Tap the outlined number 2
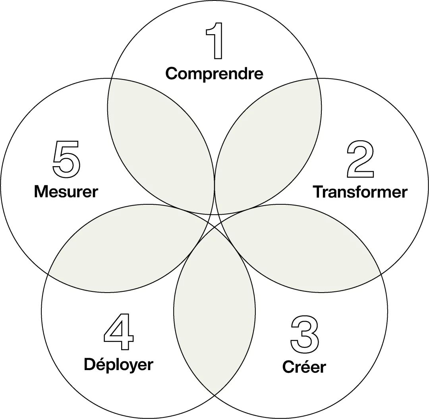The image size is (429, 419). click(x=360, y=160)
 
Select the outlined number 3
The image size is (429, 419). click(x=304, y=334)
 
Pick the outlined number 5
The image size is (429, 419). click(x=66, y=159)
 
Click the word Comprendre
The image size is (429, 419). click(x=214, y=74)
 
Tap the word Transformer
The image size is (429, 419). click(x=360, y=192)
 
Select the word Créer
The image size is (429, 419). click(x=304, y=367)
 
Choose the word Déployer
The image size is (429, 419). click(x=118, y=365)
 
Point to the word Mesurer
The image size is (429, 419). click(x=66, y=192)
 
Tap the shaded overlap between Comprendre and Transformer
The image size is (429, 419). click(x=268, y=143)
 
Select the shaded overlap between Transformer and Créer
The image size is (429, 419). click(x=302, y=246)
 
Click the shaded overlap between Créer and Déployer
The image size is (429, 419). click(x=214, y=310)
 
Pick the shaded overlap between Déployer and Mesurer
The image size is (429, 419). click(x=127, y=246)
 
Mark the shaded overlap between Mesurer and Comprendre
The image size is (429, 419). click(x=161, y=143)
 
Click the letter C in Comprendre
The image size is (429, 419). click(x=172, y=74)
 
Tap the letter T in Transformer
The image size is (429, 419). click(x=319, y=192)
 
